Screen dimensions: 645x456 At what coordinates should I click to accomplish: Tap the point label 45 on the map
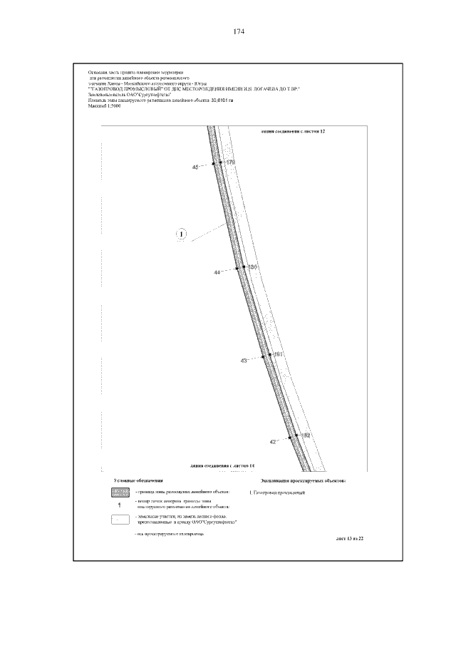click(x=196, y=167)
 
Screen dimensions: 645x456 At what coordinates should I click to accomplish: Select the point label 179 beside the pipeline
click(x=230, y=163)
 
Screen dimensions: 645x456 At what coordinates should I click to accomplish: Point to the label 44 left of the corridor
click(x=217, y=272)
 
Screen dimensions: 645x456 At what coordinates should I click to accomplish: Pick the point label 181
click(x=279, y=354)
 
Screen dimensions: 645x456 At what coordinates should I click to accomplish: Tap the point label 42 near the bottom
click(x=272, y=442)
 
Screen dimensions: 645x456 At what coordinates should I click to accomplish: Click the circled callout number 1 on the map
click(x=182, y=233)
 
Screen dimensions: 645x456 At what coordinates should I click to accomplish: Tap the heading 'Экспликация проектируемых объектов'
click(x=303, y=482)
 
